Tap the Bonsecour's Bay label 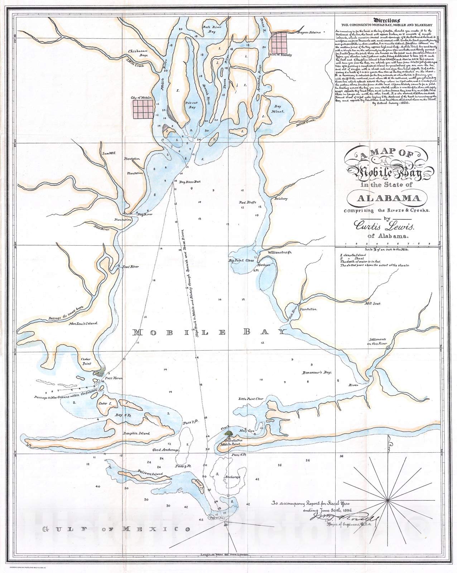coord(316,372)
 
